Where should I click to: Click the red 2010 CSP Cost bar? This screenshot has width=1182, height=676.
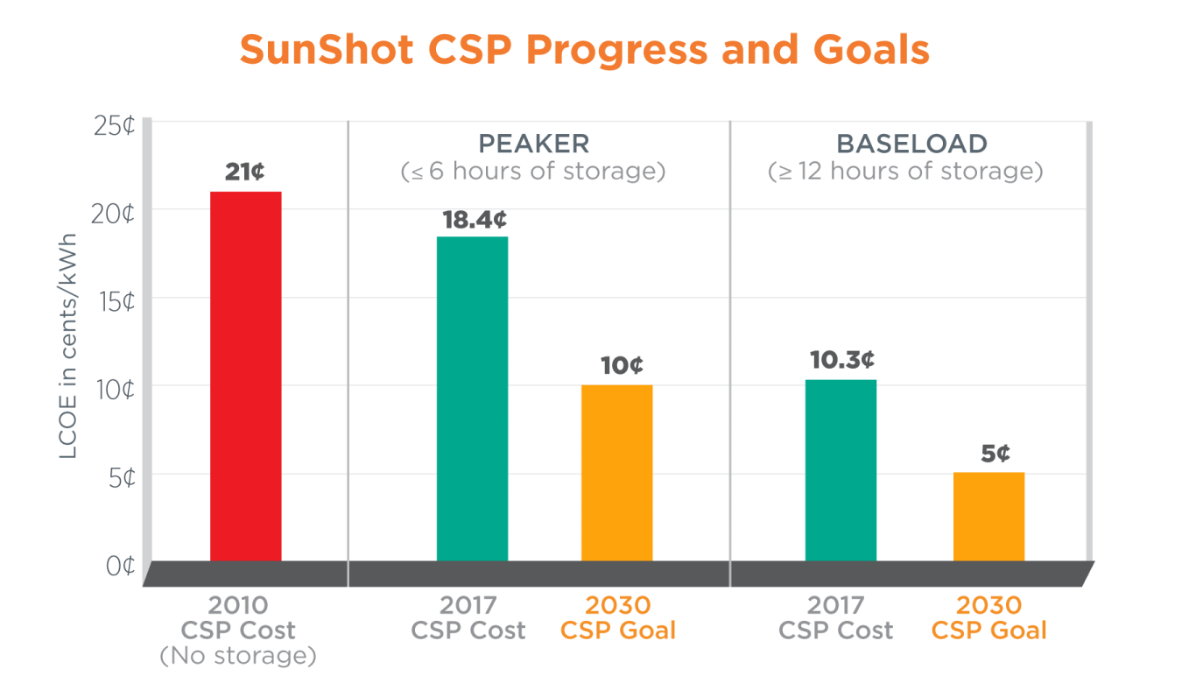point(245,377)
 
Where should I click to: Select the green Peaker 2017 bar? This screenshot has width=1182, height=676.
point(472,398)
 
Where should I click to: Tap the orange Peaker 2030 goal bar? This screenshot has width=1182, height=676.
point(616,473)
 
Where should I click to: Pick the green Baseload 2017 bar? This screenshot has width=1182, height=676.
point(841,470)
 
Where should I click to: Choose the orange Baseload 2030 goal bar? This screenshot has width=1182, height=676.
point(989,517)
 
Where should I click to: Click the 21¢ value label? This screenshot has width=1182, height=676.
point(244,172)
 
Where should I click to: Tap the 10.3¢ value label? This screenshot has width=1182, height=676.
point(841,360)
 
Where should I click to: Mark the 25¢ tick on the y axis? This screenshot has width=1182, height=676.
point(114,125)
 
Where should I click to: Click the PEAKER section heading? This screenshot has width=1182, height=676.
point(533,144)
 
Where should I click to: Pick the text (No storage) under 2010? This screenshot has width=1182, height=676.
point(237,655)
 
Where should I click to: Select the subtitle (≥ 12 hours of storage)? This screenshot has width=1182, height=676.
point(905,171)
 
